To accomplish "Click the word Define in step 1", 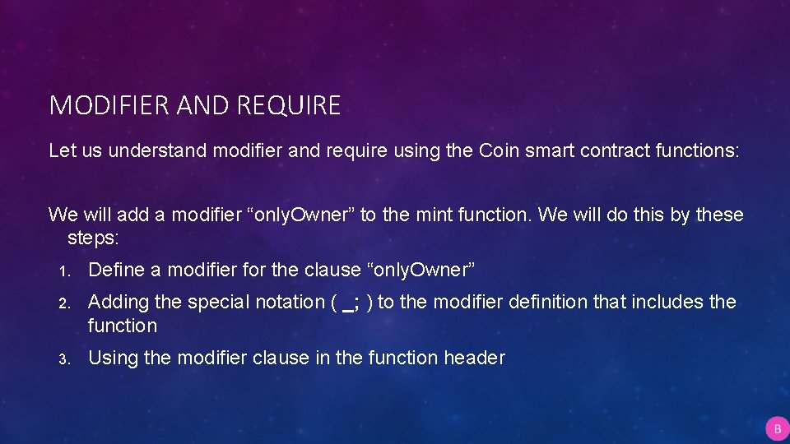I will (115, 270).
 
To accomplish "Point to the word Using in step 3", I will (113, 358).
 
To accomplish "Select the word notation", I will (293, 302).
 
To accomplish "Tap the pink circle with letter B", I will (777, 428).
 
